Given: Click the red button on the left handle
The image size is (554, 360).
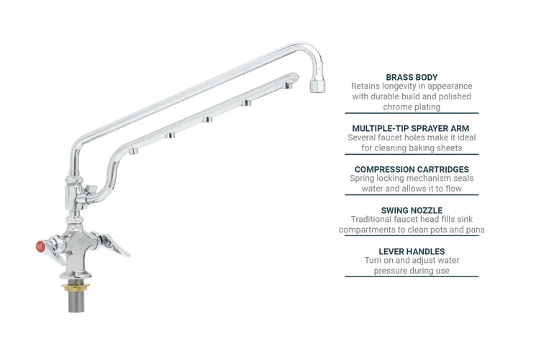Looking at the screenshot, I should (40, 247).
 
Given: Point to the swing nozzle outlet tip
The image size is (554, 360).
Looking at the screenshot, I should (317, 86).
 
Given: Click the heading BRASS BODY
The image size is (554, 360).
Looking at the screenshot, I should (411, 76).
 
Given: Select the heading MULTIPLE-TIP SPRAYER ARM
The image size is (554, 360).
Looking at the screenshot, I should (411, 127).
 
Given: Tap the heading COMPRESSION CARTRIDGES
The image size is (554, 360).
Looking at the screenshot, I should (411, 169).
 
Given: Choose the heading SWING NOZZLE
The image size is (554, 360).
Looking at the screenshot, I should (411, 210).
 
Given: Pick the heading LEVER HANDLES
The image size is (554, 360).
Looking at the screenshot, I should (411, 251).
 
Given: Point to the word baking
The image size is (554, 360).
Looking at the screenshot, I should (422, 148).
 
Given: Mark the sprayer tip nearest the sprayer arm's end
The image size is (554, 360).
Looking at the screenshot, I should (287, 86).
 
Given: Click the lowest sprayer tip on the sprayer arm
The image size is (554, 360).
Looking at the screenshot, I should (133, 151).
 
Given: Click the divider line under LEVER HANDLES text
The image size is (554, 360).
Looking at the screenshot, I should (411, 276).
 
